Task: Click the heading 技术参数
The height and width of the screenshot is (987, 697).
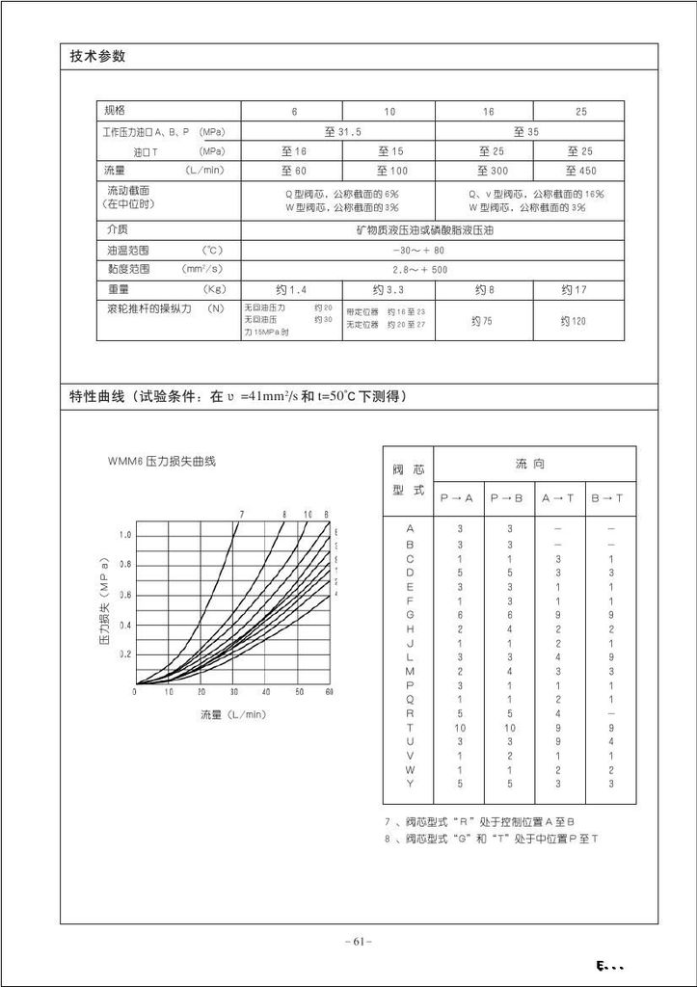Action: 98,56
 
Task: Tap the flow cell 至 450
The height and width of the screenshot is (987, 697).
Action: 580,171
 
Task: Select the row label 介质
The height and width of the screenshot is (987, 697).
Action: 117,229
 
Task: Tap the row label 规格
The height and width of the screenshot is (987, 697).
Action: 116,111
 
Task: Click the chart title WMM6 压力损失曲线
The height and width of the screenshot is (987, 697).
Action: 161,462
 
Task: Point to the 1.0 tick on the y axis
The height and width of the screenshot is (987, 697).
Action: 125,535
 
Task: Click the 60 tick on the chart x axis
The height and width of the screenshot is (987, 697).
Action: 330,692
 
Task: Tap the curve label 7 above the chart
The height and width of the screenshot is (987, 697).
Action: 242,514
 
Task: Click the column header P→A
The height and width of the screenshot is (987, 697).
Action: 457,497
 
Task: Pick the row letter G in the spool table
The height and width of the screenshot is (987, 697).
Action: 410,614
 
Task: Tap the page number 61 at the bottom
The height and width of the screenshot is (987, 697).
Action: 358,942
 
